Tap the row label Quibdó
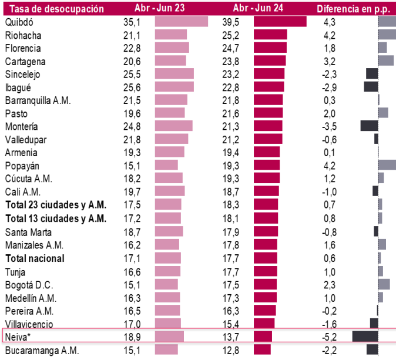pos(19,21)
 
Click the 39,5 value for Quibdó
pos(235,21)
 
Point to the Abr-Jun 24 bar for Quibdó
pos(280,21)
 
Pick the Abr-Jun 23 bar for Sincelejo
pos(174,74)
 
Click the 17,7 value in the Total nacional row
pos(235,258)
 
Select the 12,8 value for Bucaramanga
pos(235,351)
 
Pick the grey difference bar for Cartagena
pos(386,60)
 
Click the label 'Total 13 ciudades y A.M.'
pos(56,218)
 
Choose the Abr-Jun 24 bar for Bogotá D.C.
pos(265,284)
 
